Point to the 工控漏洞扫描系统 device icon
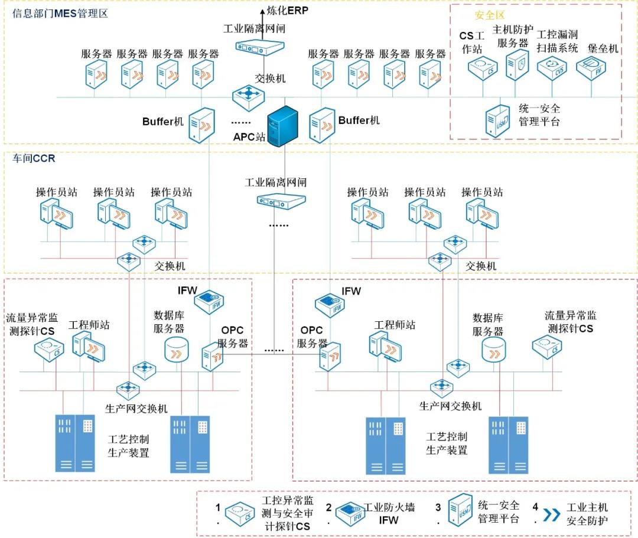(x=552, y=67)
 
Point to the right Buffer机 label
(x=359, y=120)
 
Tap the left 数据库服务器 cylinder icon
(x=175, y=350)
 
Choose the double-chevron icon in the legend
(x=552, y=514)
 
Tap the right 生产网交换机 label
(x=450, y=406)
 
